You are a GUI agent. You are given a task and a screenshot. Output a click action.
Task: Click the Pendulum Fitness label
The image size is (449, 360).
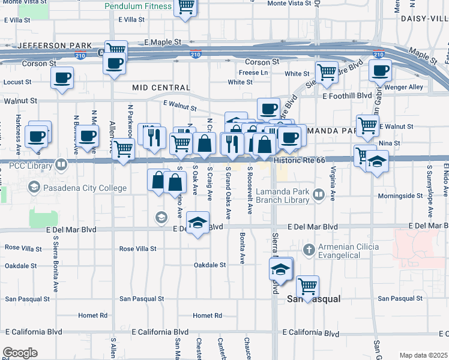point(138,7)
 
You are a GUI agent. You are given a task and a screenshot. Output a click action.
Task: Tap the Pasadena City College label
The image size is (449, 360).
point(85,188)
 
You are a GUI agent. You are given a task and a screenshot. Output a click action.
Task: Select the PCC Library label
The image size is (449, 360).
point(27,164)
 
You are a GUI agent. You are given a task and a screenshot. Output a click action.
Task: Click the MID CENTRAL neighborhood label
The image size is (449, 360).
point(161,88)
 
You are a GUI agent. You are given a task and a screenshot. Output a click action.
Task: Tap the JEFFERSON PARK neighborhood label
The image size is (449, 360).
point(55,46)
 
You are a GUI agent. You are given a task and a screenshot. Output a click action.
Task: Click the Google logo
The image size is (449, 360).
point(19,353)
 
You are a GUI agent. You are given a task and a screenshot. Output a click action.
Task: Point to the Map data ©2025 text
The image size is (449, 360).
point(423,355)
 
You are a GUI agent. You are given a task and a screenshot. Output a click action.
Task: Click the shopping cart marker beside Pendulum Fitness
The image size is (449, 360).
point(186,6)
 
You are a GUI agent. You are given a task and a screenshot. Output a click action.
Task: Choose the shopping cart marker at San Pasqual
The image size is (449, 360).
point(308,286)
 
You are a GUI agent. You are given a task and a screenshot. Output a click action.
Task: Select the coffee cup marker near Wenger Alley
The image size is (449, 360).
point(380,70)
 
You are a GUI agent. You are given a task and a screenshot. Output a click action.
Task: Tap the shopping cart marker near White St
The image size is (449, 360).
point(327,73)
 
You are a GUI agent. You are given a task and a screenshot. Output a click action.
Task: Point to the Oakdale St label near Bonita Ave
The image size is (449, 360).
point(209,265)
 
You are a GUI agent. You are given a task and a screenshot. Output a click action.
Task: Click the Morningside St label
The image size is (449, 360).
point(400,196)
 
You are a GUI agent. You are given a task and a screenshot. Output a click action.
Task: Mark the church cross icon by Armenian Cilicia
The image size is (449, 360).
point(309,248)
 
